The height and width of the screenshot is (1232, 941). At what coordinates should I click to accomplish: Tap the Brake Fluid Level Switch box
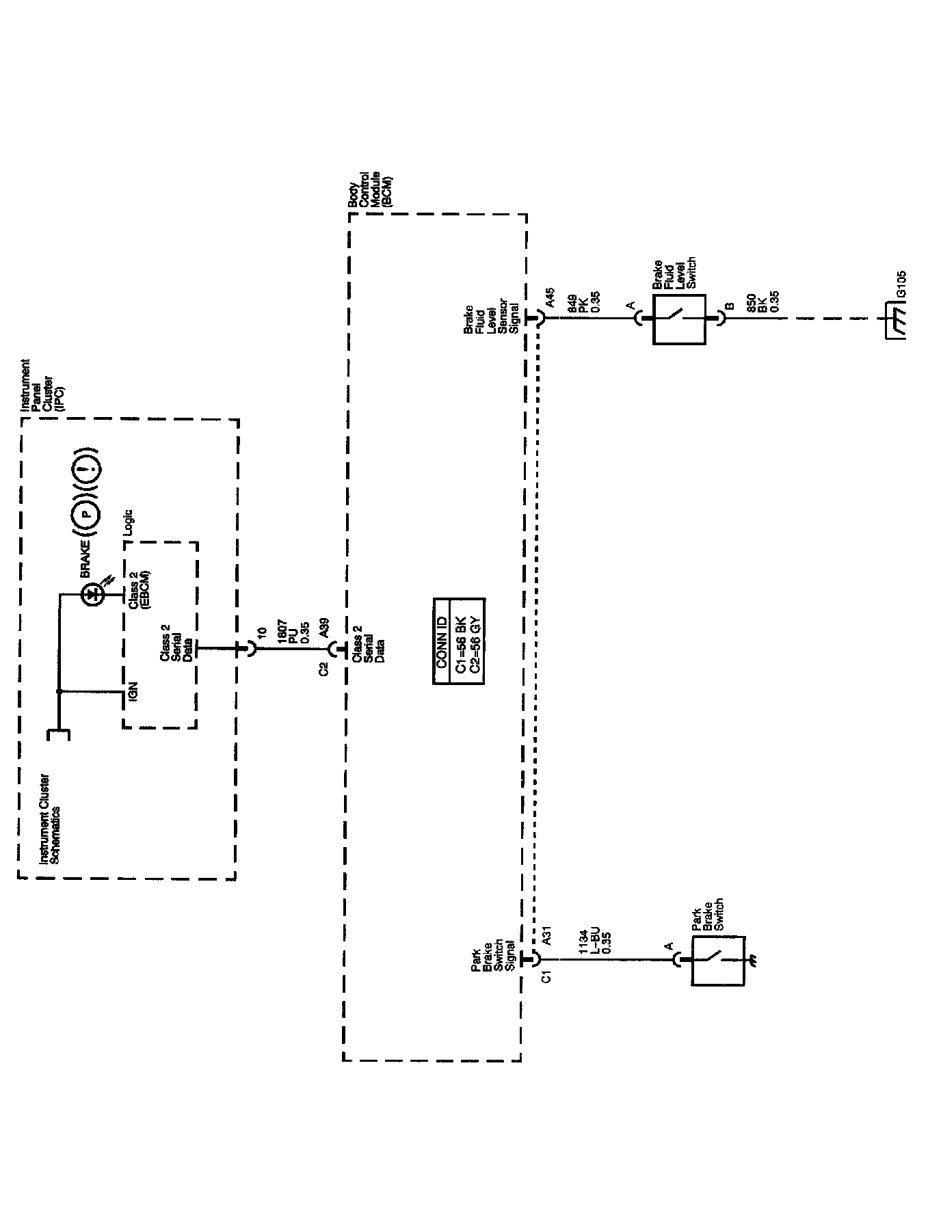click(x=678, y=317)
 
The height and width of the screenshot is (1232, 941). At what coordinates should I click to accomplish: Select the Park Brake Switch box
click(x=717, y=960)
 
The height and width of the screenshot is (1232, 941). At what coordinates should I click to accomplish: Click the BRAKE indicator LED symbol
click(x=92, y=595)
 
